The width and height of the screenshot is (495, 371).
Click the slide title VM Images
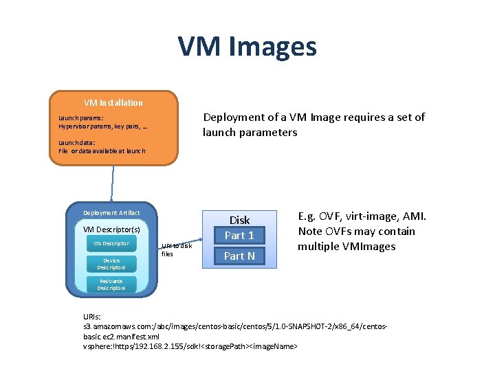pos(247,47)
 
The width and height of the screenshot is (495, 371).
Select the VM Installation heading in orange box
pos(113,103)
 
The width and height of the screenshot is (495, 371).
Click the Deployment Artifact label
pos(111,213)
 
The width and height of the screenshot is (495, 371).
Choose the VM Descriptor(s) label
pos(111,229)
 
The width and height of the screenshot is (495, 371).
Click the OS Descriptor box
pos(111,244)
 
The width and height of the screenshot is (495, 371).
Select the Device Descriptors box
pos(111,264)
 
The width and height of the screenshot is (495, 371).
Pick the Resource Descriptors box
pos(111,284)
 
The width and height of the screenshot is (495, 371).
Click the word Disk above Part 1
pos(239,220)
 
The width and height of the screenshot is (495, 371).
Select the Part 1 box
pos(239,235)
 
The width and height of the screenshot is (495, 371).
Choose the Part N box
pos(239,256)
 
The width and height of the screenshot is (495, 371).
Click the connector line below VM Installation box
pos(111,183)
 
